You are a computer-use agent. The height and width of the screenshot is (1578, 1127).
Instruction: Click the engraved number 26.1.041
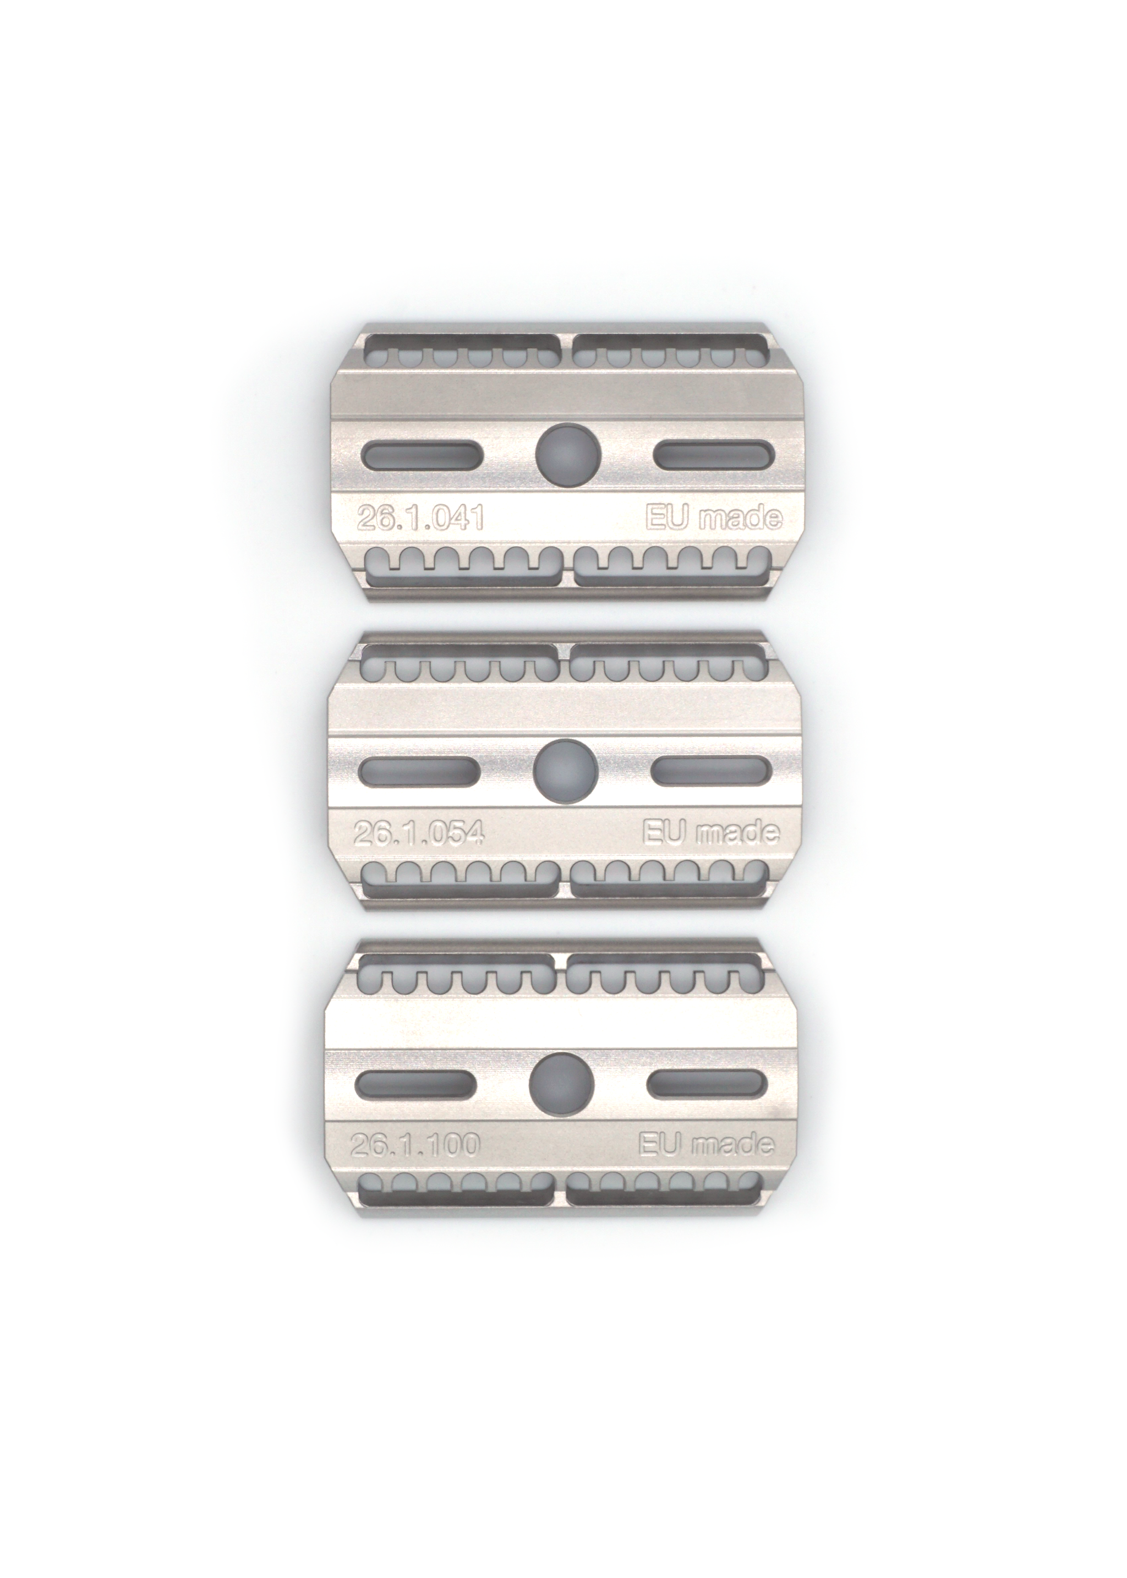point(420,518)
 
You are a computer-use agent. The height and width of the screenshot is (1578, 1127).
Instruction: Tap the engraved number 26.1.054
point(418,833)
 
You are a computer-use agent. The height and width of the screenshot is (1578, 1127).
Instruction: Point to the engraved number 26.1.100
point(415,1145)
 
